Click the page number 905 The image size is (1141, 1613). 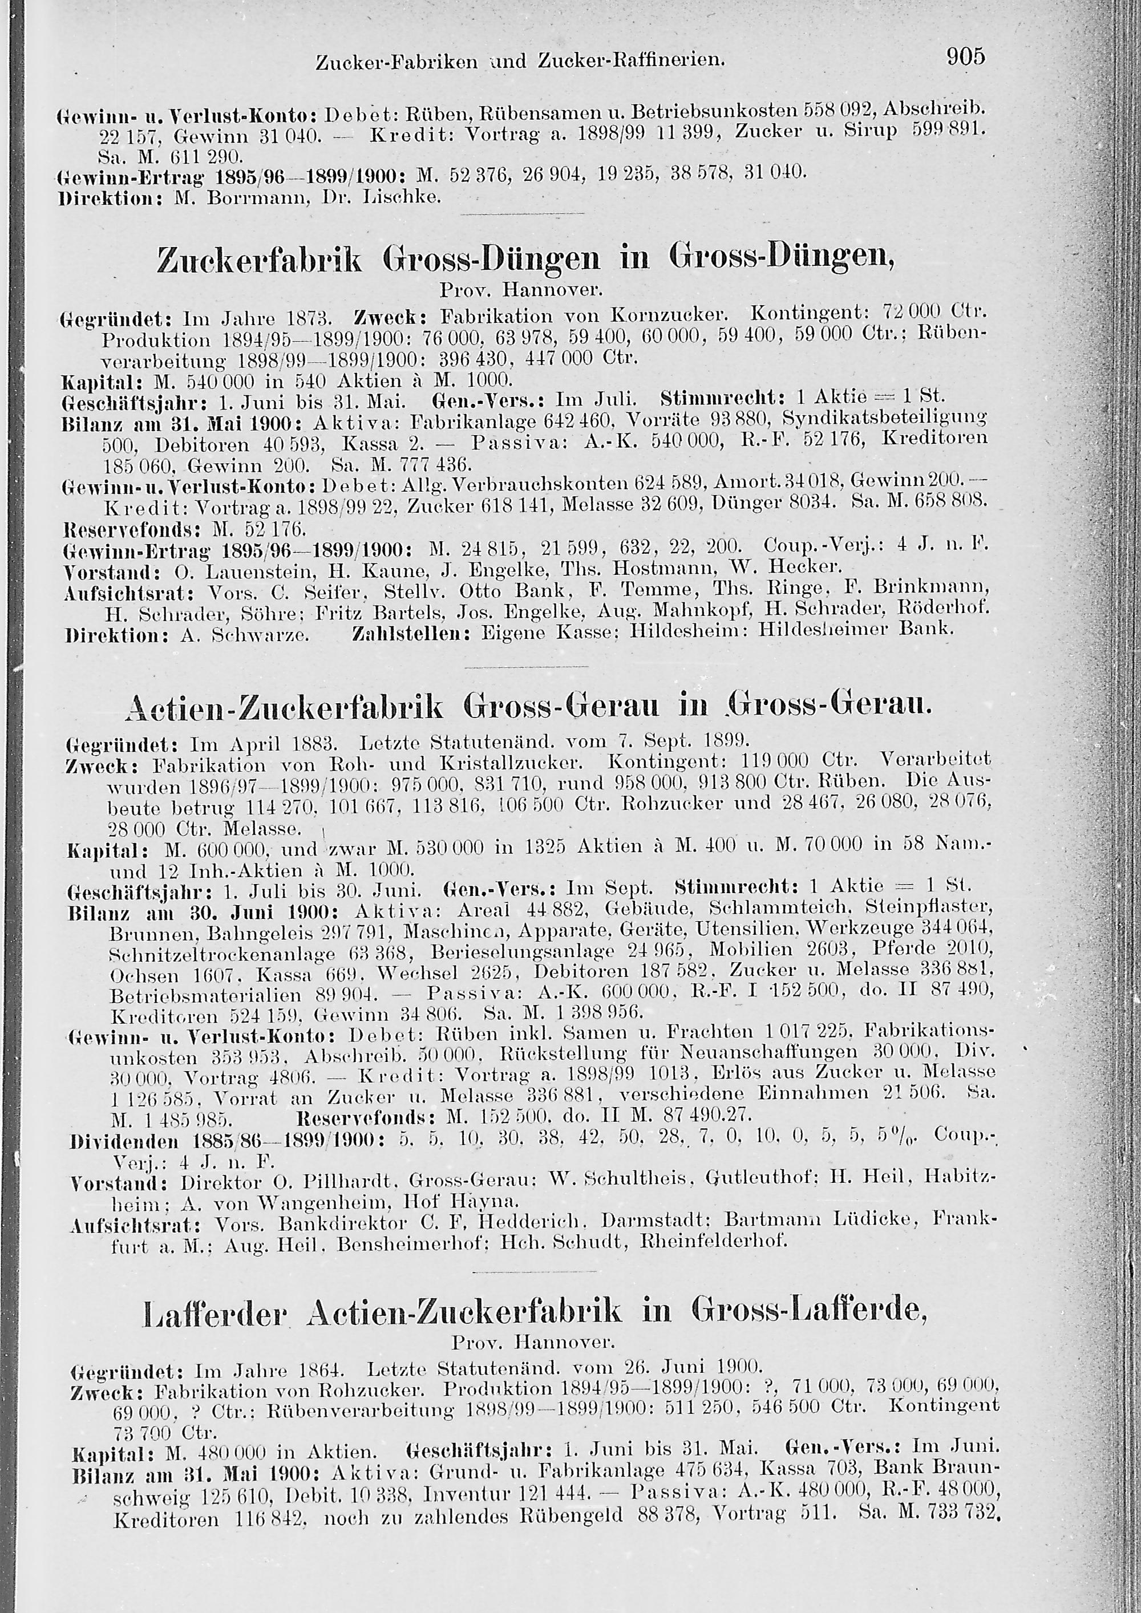click(966, 56)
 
